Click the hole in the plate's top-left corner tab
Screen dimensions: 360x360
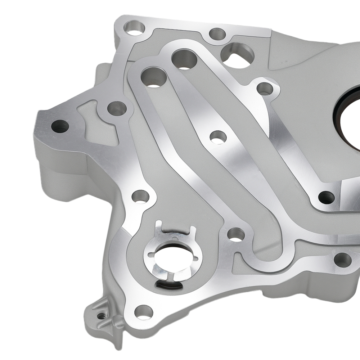pos(135,28)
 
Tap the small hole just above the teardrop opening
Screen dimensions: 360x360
pos(217,33)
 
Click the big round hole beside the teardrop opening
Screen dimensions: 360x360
pos(184,59)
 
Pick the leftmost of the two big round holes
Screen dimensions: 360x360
pos(154,77)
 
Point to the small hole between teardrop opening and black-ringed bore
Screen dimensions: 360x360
pos(265,88)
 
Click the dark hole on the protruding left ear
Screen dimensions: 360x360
pos(60,126)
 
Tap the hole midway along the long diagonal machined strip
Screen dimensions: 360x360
pos(218,137)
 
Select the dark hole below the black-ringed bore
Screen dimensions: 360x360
pos(327,197)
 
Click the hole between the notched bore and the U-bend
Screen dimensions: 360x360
pos(236,234)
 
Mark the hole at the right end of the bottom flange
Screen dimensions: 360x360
pos(342,260)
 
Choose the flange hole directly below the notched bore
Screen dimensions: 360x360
pos(144,312)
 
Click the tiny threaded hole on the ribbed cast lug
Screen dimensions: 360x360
pos(102,316)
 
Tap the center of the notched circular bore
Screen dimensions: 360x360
pos(173,256)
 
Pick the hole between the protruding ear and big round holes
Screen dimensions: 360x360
pos(117,108)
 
